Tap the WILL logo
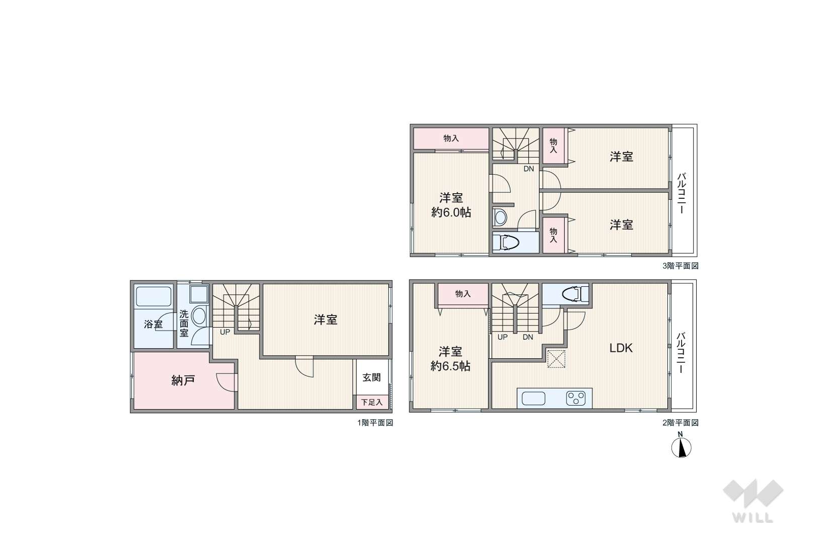[x=753, y=501]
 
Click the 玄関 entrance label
[x=371, y=377]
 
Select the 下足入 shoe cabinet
[x=372, y=402]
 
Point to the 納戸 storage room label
[x=183, y=380]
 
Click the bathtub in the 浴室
[x=154, y=297]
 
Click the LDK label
[x=621, y=348]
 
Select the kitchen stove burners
[x=576, y=399]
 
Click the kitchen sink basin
[x=533, y=399]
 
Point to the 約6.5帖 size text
[x=451, y=366]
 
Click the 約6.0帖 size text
[x=451, y=212]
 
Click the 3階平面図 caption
[x=680, y=266]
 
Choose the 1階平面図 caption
[x=376, y=423]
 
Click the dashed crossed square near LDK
[x=556, y=359]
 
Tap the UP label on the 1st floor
[x=225, y=332]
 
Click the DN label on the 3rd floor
[x=529, y=169]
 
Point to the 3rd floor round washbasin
[x=500, y=217]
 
